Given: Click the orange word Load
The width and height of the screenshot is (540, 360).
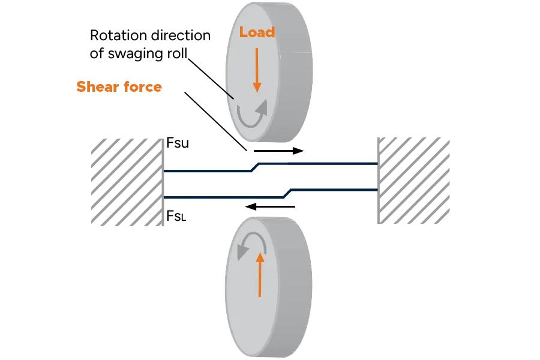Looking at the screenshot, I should click(x=257, y=32).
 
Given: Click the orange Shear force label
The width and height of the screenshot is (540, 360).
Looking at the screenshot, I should click(x=119, y=87).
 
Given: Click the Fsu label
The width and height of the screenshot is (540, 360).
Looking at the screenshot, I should click(x=177, y=145).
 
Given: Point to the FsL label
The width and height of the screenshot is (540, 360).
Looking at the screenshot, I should click(x=176, y=217).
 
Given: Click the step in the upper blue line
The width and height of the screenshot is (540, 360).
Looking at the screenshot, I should click(x=254, y=167).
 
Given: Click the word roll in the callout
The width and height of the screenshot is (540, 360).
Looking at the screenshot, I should click(x=175, y=53).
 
